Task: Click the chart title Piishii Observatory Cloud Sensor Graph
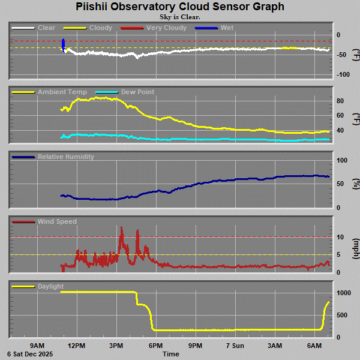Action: pos(180,7)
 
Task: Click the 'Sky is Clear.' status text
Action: pos(180,17)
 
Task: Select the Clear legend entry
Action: pos(46,28)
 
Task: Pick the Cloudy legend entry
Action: pos(100,28)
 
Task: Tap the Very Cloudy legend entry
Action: pos(161,28)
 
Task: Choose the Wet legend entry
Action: pos(227,28)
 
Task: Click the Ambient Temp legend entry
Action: pos(62,92)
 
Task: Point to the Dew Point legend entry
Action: pos(137,92)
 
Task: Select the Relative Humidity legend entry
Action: pos(65,157)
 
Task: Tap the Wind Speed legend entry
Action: pos(57,221)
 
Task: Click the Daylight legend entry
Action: pos(50,286)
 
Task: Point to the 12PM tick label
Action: pos(76,346)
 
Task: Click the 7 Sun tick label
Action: pos(235,346)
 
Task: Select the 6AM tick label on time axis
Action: pos(314,346)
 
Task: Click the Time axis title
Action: pos(170,354)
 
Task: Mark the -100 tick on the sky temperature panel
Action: pos(343,74)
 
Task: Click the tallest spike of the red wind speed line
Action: pos(122,228)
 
